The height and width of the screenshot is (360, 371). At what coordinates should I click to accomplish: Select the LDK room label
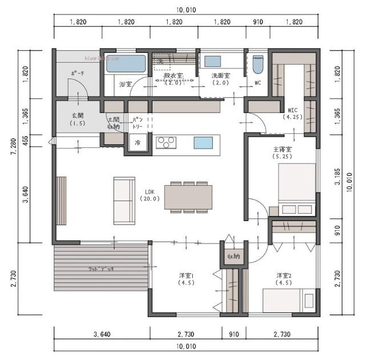pos(150,195)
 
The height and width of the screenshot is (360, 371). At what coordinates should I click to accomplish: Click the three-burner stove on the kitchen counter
pos(166,142)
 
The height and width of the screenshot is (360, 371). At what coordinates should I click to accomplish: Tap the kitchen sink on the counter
pos(202,142)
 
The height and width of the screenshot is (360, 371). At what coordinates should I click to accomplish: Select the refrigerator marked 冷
pos(138,142)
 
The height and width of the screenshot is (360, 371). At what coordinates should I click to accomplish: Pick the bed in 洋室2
pos(288,300)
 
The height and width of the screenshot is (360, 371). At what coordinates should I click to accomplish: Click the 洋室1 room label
pos(187,278)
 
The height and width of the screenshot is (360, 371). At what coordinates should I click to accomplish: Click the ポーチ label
pos(78,74)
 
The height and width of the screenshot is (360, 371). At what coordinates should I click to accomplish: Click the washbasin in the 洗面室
pos(213,61)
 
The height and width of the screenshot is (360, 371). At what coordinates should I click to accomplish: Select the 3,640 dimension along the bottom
pos(102,334)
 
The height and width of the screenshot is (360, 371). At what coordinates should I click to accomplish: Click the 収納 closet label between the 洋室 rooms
pos(232,257)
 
